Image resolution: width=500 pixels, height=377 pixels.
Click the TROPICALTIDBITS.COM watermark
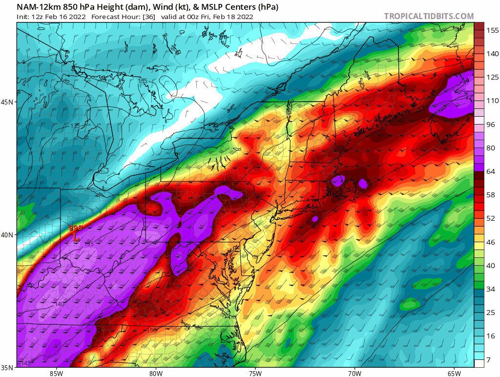[x=429, y=16]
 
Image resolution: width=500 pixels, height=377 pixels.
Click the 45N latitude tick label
[x=8, y=102]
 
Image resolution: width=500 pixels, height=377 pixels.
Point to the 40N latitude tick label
[x=8, y=234]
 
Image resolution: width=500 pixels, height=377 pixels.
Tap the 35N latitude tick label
[x=8, y=367]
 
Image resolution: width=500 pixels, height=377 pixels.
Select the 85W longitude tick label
[x=56, y=374]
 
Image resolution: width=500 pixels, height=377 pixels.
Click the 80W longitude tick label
[x=156, y=374]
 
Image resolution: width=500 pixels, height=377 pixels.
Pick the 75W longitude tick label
[x=255, y=374]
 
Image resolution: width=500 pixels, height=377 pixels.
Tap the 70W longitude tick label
[x=354, y=374]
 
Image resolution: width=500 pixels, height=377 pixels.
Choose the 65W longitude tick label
[x=454, y=374]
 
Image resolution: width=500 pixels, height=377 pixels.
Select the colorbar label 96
[x=490, y=124]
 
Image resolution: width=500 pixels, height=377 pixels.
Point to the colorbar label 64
[x=490, y=171]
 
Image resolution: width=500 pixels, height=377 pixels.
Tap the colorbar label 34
[x=490, y=289]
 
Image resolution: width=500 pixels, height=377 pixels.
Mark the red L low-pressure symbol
[x=75, y=238]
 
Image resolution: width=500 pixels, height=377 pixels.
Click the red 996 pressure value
[x=75, y=228]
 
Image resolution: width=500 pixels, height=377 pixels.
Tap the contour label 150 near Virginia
[x=152, y=331]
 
